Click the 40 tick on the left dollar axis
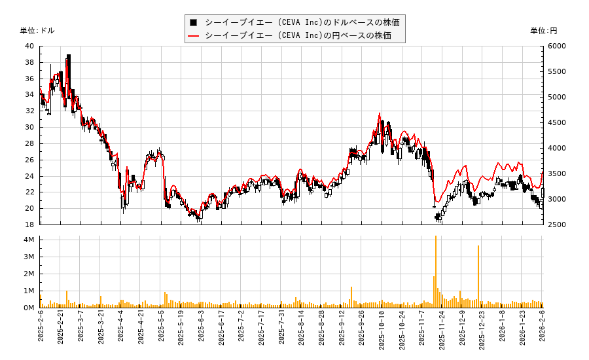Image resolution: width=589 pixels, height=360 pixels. click(x=29, y=46)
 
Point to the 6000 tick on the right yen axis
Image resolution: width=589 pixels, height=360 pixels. click(x=557, y=46)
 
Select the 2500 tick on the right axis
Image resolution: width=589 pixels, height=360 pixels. click(x=557, y=225)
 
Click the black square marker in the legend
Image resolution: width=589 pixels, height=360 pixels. click(x=194, y=22)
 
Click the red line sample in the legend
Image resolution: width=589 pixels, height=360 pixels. click(x=194, y=35)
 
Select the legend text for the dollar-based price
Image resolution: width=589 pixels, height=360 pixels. click(x=302, y=22)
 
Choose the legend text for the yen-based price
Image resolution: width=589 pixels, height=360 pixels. click(x=298, y=35)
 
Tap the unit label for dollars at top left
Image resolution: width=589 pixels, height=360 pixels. click(x=37, y=31)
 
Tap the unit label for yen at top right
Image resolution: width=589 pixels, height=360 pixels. click(x=543, y=31)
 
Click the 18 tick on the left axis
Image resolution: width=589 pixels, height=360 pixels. click(x=29, y=225)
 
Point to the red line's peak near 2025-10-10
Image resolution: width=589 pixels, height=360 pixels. click(x=380, y=113)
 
